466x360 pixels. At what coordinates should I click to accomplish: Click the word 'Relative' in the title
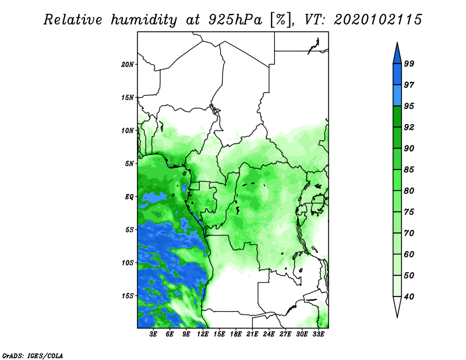pos(73,20)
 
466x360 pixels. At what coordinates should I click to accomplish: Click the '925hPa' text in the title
pos(235,20)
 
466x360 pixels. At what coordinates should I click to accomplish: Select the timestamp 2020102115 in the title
pos(377,20)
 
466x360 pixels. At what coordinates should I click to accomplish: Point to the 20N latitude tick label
pos(128,65)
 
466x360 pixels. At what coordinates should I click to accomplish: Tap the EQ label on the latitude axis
pos(129,197)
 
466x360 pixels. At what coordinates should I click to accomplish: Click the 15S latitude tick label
pos(128,296)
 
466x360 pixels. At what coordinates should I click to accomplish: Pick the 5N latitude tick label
pos(129,164)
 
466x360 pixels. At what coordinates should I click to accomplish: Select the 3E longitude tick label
pos(153,334)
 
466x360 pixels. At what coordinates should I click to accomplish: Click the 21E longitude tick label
pos(252,334)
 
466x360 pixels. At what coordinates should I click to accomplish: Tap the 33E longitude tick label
pos(318,334)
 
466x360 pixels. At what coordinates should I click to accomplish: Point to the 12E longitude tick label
pos(203,334)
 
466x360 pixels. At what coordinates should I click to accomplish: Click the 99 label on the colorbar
pos(409,63)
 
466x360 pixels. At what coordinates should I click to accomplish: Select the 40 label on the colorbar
pos(409,297)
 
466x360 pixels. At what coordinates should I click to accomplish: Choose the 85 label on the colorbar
pos(409,170)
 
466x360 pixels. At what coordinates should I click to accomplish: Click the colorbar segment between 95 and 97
pos(397,96)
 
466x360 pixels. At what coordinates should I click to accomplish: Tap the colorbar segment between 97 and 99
pos(397,75)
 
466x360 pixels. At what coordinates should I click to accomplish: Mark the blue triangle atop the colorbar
pos(397,55)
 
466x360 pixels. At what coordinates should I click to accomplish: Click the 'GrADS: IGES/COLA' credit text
pos(33,355)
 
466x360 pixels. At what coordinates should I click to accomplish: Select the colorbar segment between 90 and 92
pos(397,137)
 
